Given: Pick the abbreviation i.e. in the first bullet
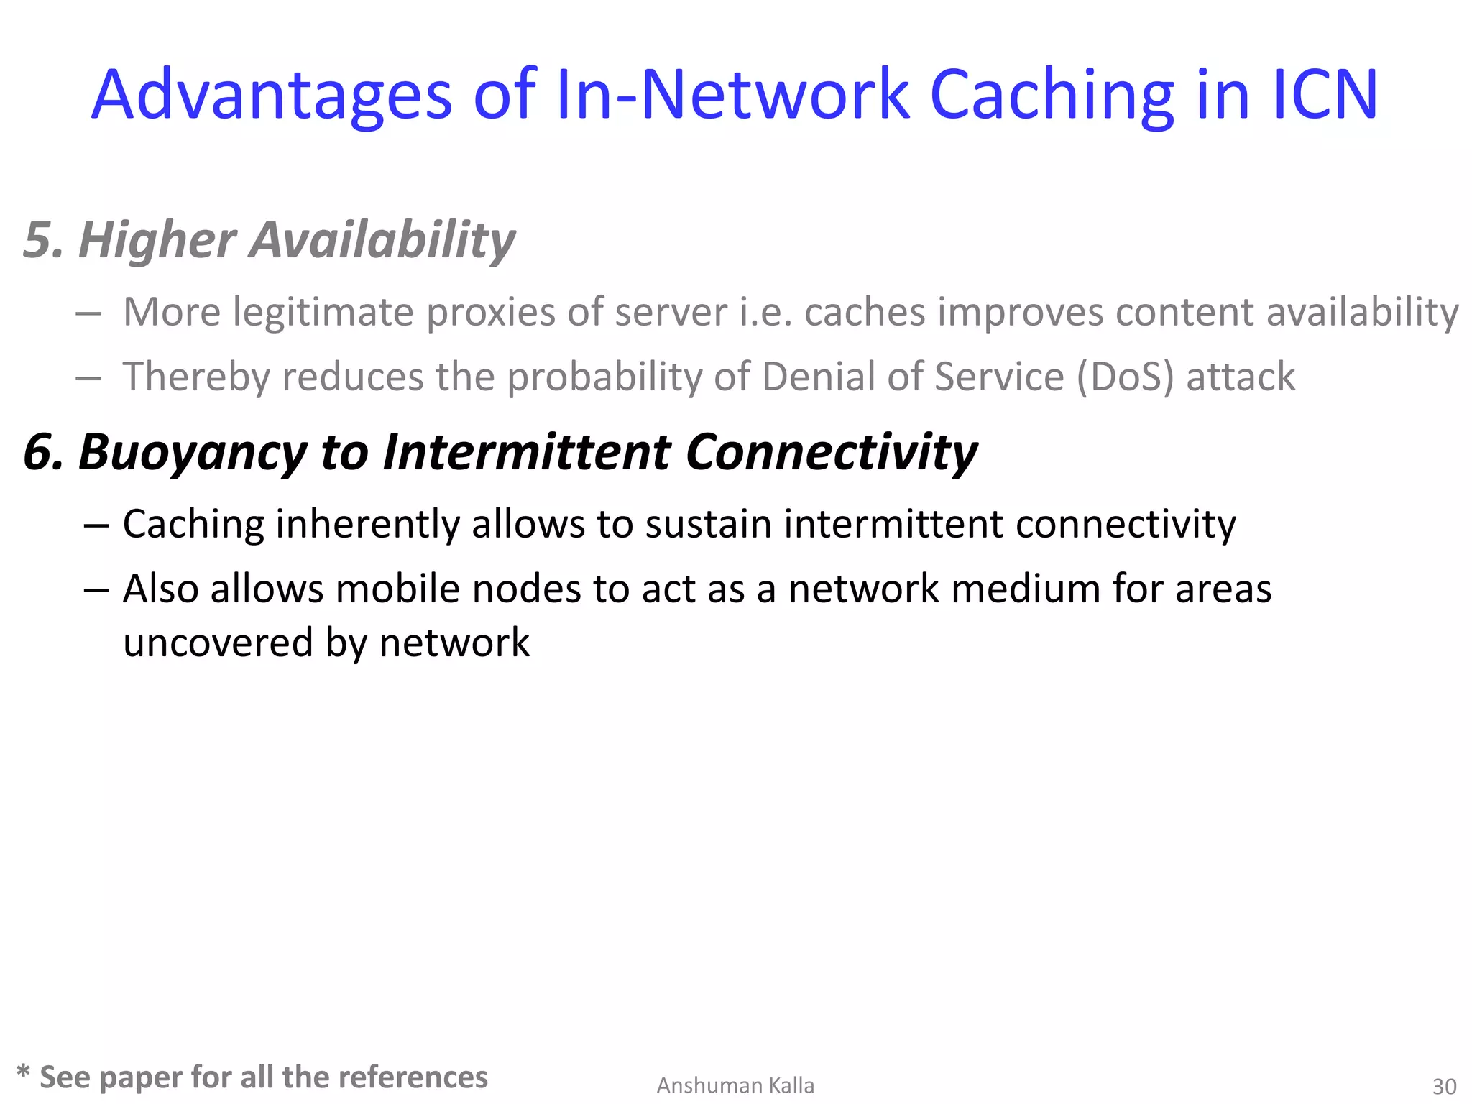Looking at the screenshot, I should [x=766, y=313].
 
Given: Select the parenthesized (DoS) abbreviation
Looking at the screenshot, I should [x=1125, y=377].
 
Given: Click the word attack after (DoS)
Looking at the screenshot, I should [x=1241, y=377].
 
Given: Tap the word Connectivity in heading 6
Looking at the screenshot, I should [x=832, y=453].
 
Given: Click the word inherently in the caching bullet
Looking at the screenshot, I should [x=367, y=525].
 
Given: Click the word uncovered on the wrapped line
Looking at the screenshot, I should [x=218, y=643].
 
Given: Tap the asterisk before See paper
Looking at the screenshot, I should [x=23, y=1072].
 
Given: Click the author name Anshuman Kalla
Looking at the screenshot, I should [x=735, y=1085].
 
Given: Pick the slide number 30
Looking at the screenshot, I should [x=1444, y=1086].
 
